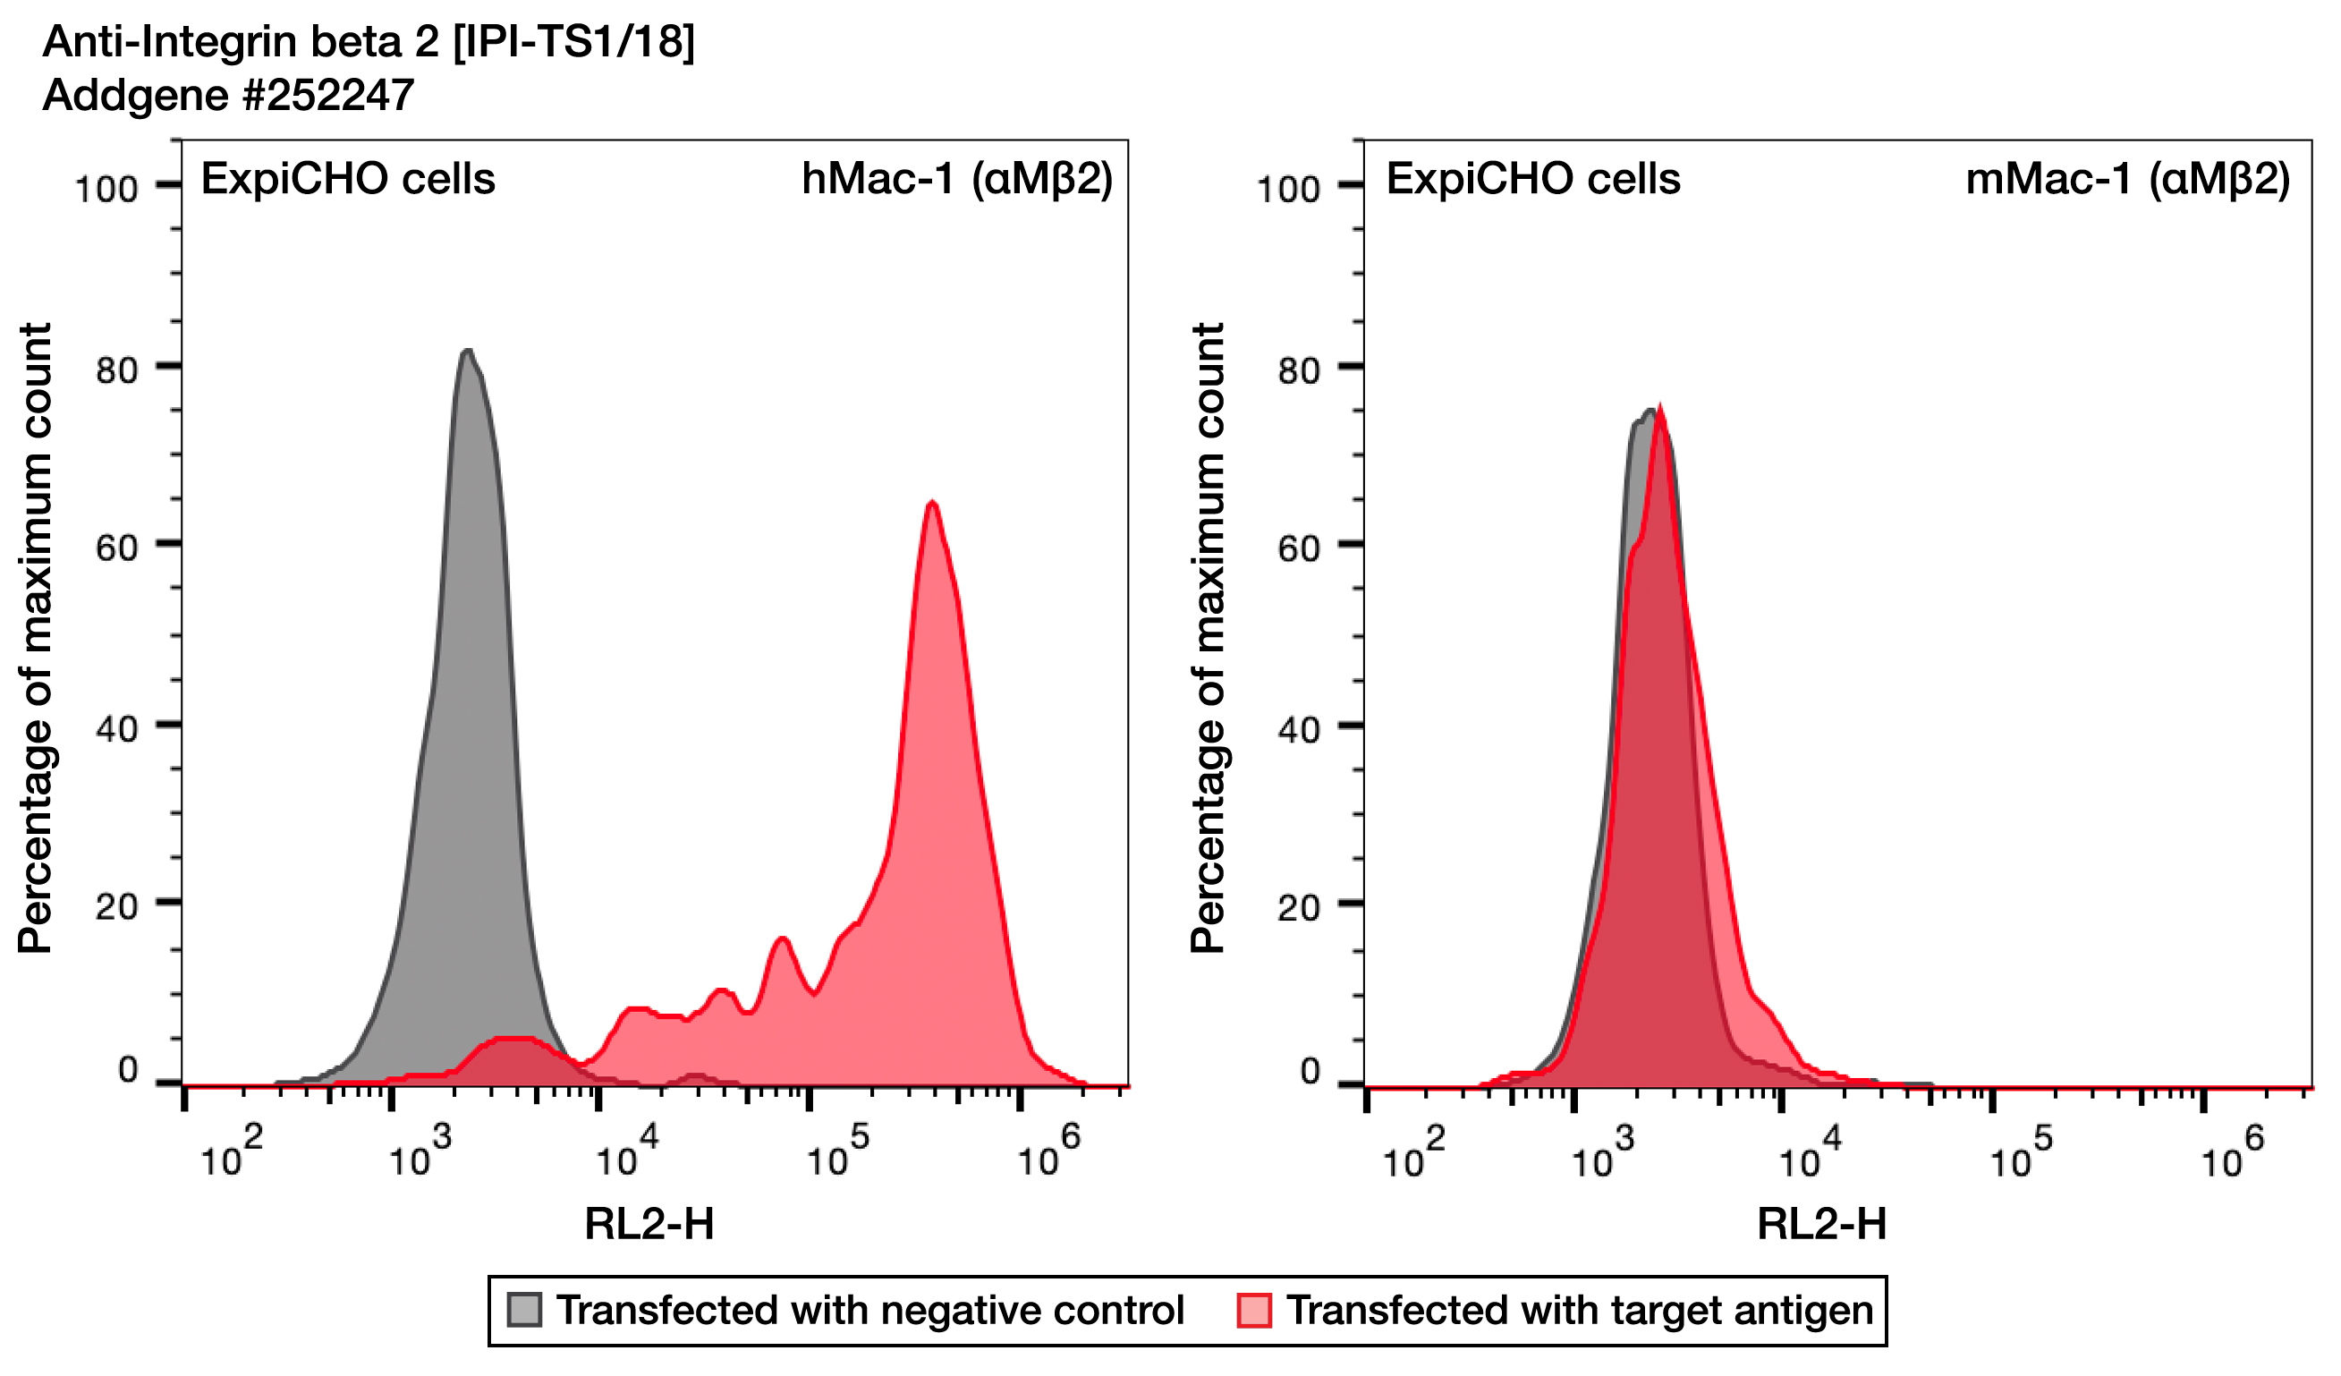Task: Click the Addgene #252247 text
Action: pyautogui.click(x=228, y=95)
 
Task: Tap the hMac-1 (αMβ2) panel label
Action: pyautogui.click(x=956, y=178)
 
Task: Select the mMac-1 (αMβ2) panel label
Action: pyautogui.click(x=2127, y=178)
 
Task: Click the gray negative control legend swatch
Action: pyautogui.click(x=524, y=1310)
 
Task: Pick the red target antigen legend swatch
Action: pyautogui.click(x=1254, y=1310)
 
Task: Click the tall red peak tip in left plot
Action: pyautogui.click(x=932, y=504)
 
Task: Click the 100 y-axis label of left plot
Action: pyautogui.click(x=106, y=190)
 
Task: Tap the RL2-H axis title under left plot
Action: pyautogui.click(x=649, y=1225)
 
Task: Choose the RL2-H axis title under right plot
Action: pyautogui.click(x=1821, y=1225)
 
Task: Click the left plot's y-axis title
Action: pyautogui.click(x=35, y=638)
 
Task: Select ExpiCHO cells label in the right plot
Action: pyautogui.click(x=1533, y=178)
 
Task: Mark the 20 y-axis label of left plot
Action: pyautogui.click(x=116, y=907)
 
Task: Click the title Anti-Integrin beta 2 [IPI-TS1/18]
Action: pyautogui.click(x=368, y=42)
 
